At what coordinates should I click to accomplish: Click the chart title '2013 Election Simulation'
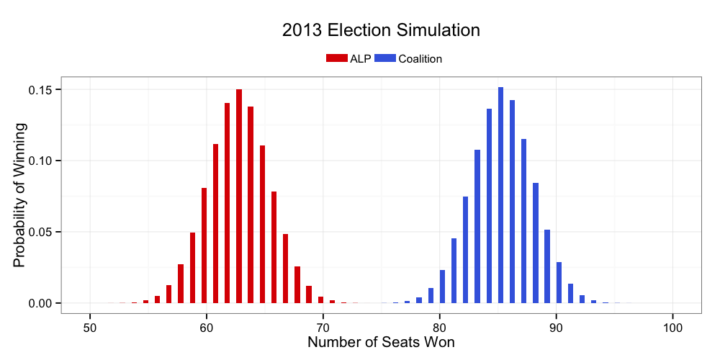381,30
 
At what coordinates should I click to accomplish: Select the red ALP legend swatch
337,58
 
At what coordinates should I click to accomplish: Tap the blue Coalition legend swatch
385,58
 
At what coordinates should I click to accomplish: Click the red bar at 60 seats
204,246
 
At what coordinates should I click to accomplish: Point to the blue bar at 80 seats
442,287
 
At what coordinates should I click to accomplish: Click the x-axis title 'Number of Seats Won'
381,342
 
